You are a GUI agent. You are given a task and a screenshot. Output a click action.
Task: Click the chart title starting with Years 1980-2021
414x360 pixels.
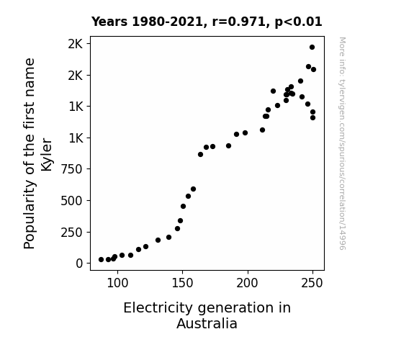click(207, 22)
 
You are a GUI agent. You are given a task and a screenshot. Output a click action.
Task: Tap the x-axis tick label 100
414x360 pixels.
click(117, 283)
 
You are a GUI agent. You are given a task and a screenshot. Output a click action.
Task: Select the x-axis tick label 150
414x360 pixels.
click(182, 283)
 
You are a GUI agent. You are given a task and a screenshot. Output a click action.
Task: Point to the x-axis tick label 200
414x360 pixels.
click(247, 283)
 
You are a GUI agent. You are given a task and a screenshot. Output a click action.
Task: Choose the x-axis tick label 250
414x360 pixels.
click(312, 283)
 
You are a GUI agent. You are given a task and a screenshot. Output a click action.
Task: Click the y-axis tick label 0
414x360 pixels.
click(79, 264)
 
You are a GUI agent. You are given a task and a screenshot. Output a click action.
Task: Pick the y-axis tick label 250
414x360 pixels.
click(72, 233)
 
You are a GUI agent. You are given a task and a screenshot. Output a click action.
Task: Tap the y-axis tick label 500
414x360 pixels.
click(72, 201)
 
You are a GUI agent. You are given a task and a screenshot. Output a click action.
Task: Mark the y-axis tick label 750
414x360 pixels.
click(72, 169)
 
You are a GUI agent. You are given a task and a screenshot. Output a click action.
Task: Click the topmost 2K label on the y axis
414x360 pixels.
click(76, 44)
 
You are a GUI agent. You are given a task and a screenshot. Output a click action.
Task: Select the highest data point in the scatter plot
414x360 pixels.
click(312, 48)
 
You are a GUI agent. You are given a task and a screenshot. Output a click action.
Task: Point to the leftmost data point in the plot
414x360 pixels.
click(101, 260)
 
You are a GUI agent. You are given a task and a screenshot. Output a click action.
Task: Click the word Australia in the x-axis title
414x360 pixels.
click(207, 323)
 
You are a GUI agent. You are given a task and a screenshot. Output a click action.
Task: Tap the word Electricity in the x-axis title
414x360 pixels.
click(158, 308)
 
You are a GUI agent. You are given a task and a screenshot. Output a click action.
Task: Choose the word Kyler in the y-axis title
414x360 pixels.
click(47, 154)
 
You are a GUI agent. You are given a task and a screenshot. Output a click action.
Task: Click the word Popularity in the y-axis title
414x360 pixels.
click(29, 215)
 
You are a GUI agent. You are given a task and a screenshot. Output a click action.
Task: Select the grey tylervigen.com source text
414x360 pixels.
click(342, 143)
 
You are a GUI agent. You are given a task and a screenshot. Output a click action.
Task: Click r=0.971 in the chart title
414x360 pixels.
click(239, 22)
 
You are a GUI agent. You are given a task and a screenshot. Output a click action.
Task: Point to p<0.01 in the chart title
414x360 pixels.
click(298, 22)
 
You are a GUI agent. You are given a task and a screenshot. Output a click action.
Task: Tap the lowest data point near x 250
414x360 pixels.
click(313, 118)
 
